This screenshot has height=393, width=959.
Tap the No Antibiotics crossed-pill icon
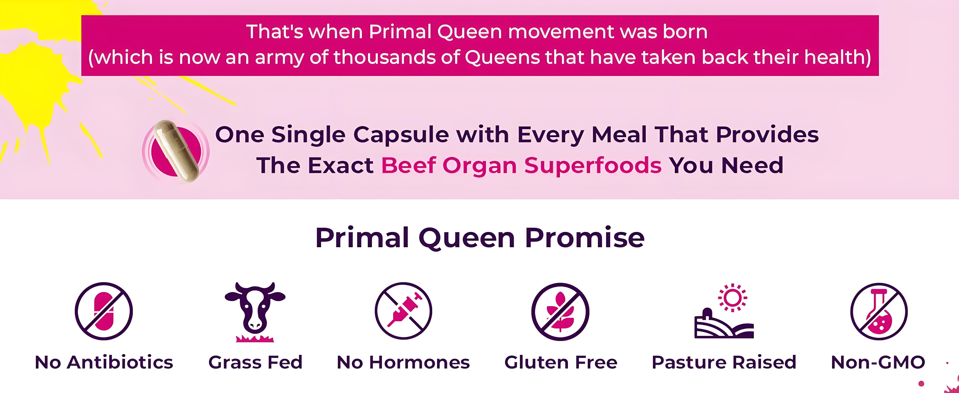104,311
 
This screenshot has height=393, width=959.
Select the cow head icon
255,306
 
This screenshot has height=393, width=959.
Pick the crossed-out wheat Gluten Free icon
560,312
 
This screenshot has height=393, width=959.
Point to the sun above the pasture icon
732,298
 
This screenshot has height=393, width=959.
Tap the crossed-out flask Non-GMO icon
879,312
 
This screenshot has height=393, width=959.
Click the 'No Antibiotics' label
104,362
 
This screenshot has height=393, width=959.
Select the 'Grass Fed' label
255,362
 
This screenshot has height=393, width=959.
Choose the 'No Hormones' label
403,362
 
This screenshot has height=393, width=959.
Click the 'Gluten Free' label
561,362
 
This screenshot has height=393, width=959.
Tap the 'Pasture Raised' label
724,362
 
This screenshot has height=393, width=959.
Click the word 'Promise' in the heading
585,237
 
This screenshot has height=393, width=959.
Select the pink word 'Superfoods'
593,165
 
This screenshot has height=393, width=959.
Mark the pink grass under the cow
255,338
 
